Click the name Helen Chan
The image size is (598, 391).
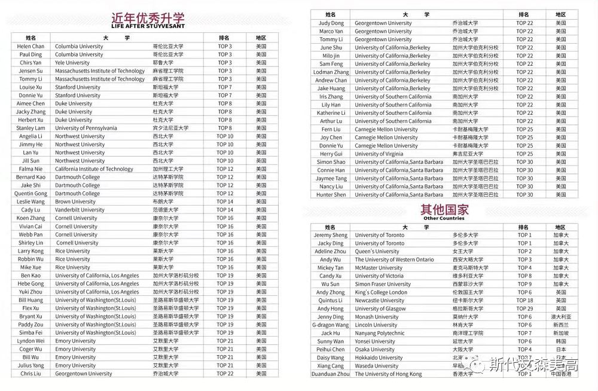(30, 46)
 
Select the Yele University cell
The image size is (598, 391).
(72, 63)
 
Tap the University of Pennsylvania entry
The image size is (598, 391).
(86, 128)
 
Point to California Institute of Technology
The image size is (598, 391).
(94, 169)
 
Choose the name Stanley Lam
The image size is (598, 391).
(30, 128)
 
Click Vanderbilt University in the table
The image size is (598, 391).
(80, 210)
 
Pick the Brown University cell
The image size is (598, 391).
(75, 202)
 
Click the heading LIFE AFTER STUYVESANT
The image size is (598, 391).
(148, 26)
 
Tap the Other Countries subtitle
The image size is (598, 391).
(444, 218)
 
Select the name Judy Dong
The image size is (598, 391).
(331, 23)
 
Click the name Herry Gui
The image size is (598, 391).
(331, 154)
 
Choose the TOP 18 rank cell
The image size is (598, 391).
(524, 301)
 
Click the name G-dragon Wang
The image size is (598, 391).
(331, 325)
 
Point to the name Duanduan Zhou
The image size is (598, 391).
(331, 374)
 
